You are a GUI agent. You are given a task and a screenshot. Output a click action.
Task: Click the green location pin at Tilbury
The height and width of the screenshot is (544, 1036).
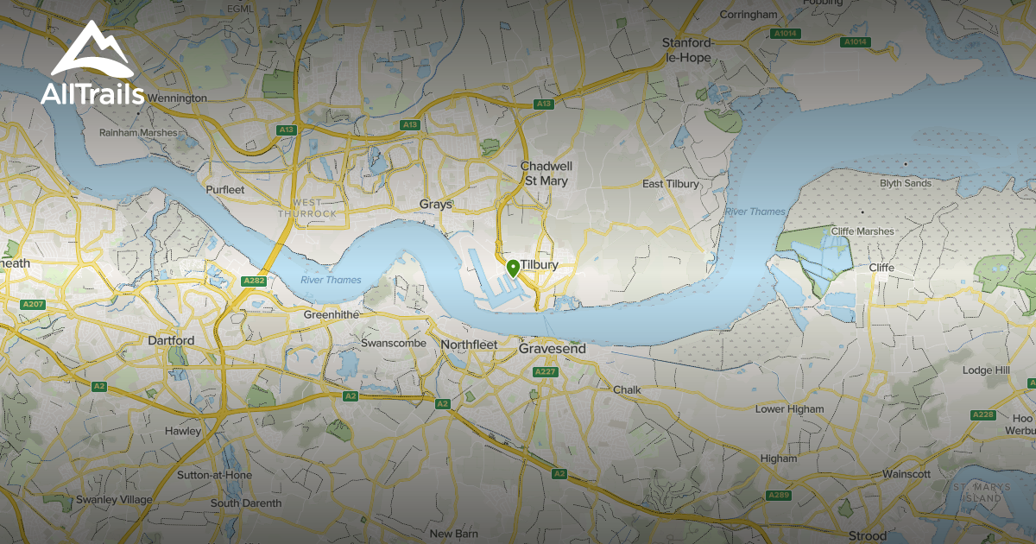click(x=513, y=268)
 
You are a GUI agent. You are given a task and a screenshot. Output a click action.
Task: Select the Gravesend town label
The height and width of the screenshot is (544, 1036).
click(x=552, y=349)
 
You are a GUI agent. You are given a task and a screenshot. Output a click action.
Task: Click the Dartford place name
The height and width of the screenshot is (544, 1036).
click(x=170, y=340)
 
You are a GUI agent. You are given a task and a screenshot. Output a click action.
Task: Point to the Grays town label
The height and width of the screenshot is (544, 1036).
click(x=436, y=205)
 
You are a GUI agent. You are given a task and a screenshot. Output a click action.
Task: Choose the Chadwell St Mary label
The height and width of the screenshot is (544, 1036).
click(x=546, y=173)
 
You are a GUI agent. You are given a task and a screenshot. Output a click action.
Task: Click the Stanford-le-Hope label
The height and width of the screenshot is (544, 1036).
click(x=686, y=50)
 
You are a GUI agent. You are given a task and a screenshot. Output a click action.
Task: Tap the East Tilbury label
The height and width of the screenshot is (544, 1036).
click(x=671, y=184)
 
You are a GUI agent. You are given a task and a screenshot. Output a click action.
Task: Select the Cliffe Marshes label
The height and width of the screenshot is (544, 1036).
click(x=862, y=231)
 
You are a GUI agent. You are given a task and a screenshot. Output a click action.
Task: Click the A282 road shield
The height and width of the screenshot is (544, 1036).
click(x=254, y=281)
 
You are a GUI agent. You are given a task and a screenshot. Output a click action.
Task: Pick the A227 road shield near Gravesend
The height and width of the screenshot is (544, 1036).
click(x=545, y=371)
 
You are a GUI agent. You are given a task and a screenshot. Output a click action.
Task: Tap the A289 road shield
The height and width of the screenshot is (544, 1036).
click(x=779, y=496)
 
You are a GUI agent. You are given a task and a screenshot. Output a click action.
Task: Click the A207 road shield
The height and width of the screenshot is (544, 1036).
click(x=34, y=304)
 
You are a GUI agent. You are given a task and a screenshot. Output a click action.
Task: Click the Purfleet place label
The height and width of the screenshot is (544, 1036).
click(x=225, y=189)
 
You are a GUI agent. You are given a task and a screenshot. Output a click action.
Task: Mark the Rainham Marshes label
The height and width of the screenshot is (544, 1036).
click(x=138, y=133)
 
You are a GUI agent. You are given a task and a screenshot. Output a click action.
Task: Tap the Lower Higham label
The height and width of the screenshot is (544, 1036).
click(x=789, y=409)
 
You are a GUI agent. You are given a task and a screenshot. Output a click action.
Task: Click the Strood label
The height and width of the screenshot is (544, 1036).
click(x=868, y=536)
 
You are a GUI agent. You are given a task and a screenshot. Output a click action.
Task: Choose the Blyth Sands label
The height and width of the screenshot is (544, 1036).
click(x=906, y=184)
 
